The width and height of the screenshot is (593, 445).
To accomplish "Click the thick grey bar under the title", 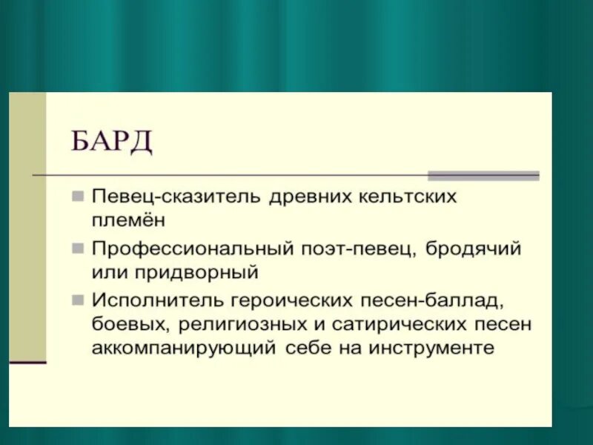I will pos(483,176).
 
